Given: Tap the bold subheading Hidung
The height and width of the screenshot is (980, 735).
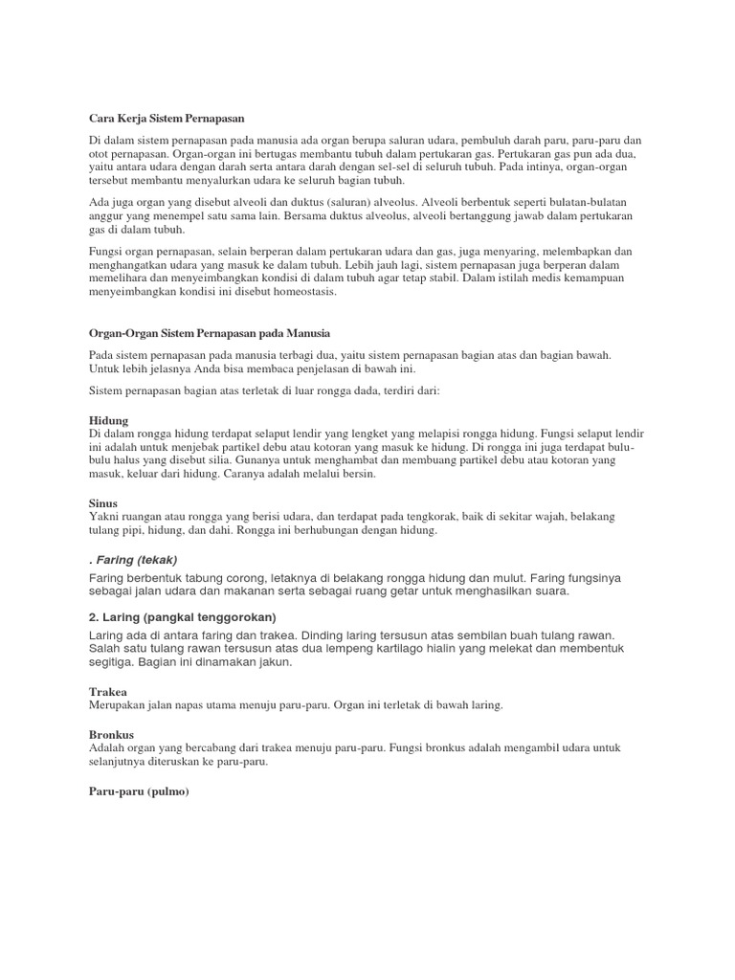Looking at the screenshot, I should pyautogui.click(x=108, y=420).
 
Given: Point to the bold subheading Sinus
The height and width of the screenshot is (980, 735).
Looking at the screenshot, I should pyautogui.click(x=103, y=502).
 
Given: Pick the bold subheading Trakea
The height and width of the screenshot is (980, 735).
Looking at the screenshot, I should pyautogui.click(x=108, y=691).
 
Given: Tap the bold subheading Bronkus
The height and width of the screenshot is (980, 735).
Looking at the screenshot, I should pyautogui.click(x=112, y=735).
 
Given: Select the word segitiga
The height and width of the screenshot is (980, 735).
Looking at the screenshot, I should pyautogui.click(x=113, y=662).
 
